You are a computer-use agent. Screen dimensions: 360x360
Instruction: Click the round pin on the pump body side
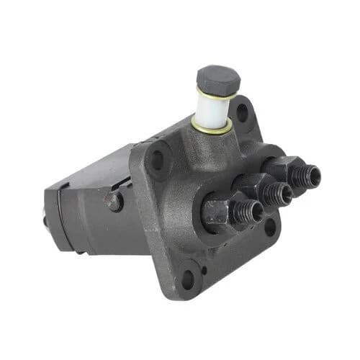pos(114,202)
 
